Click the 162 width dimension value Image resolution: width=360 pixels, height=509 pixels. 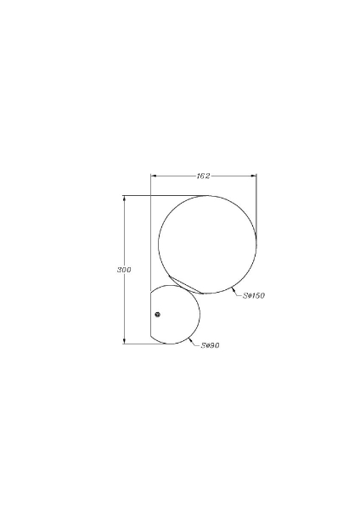[203, 176]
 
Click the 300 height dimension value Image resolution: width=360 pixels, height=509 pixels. [124, 270]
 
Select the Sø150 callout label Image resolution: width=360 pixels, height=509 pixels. [254, 296]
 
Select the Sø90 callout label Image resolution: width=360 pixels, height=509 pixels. [210, 345]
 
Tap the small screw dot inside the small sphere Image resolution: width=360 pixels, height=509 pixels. [158, 315]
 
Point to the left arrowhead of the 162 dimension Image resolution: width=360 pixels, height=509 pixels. [154, 176]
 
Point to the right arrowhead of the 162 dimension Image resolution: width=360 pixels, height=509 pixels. [253, 176]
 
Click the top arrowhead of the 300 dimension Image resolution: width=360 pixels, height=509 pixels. [124, 199]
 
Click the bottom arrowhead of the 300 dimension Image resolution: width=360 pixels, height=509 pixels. [124, 340]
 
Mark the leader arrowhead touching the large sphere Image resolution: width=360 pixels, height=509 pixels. [233, 289]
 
